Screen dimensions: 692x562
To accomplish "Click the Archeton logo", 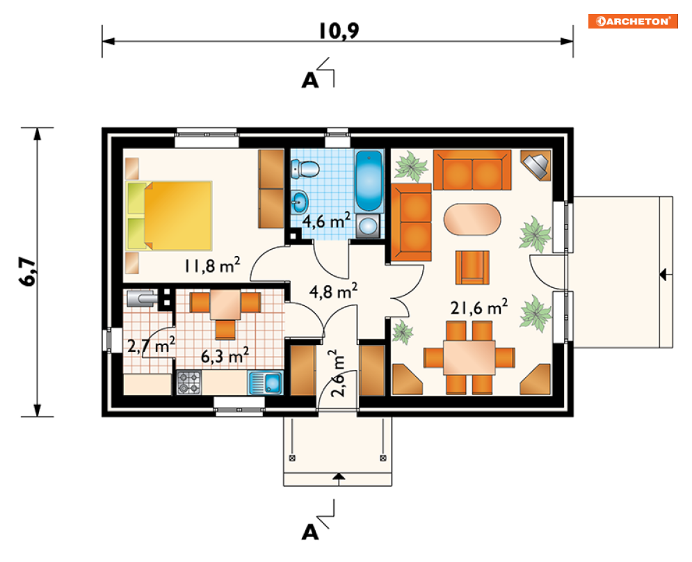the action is click(633, 21).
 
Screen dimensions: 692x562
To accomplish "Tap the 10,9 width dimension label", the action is click(339, 31).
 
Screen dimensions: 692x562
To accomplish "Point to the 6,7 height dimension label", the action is click(28, 271).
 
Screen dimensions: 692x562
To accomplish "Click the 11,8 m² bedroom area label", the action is click(212, 265).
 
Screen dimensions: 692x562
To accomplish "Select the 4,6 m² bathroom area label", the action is click(326, 220).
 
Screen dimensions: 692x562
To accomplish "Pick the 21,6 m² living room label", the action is click(479, 307).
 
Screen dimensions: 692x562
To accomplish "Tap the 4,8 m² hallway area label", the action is click(333, 291).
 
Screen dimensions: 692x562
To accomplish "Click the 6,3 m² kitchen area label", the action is click(225, 355).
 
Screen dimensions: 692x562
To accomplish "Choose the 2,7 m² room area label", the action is click(151, 345).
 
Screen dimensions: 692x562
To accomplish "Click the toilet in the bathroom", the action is click(305, 168).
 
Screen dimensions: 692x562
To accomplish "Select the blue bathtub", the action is click(369, 181).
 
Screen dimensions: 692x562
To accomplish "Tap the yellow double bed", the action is click(169, 216).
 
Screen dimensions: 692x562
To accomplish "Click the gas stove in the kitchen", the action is click(189, 383).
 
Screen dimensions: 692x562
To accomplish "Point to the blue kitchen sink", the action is click(266, 383).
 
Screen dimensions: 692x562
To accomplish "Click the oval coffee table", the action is click(472, 219).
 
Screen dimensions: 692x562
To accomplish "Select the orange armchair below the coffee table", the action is click(472, 267).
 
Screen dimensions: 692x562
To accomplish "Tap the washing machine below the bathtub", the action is click(368, 226).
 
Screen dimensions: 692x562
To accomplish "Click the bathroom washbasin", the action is click(299, 202).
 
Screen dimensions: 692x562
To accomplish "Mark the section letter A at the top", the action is click(309, 81).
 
